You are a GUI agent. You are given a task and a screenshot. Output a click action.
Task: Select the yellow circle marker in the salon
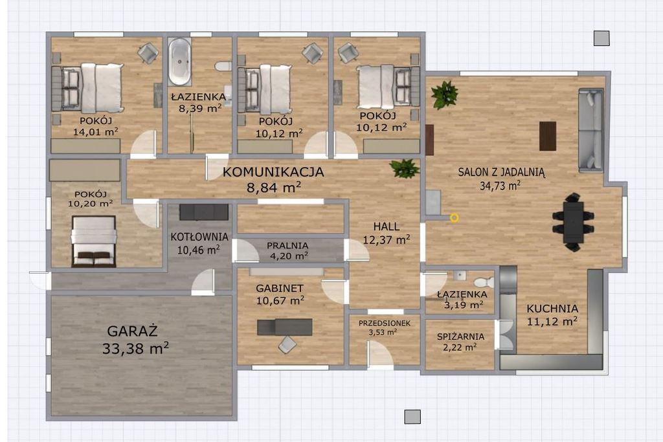coord(454,218)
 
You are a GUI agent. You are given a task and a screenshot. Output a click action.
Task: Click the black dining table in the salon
coord(573,222)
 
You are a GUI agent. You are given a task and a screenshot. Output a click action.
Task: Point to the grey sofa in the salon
coord(590,129)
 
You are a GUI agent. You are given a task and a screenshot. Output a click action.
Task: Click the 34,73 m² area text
coord(500,185)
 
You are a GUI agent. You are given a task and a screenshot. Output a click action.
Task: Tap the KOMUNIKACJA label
coord(273,172)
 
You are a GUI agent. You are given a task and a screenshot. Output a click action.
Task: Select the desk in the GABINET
coord(285,327)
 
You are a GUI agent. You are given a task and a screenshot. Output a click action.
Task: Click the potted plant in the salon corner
coord(444,94)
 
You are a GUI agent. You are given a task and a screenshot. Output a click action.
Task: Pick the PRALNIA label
coord(287,245)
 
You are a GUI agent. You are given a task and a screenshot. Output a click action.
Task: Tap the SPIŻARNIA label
coord(460,337)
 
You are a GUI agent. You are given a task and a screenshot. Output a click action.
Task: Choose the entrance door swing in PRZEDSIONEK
coord(379,354)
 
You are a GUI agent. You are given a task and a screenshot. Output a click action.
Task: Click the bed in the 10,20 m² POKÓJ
coord(94,241)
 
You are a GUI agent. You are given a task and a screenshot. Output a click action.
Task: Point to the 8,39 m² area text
coord(199,109)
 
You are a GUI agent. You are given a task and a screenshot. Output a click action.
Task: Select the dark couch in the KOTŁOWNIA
coord(204,212)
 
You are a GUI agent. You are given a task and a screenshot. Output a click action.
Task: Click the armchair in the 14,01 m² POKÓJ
coord(148,53)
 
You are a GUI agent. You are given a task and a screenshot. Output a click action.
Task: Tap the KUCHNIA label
coord(552,309)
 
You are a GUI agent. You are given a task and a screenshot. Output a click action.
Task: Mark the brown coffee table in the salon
coord(548,136)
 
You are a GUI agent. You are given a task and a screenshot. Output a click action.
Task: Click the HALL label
coord(387,227)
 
